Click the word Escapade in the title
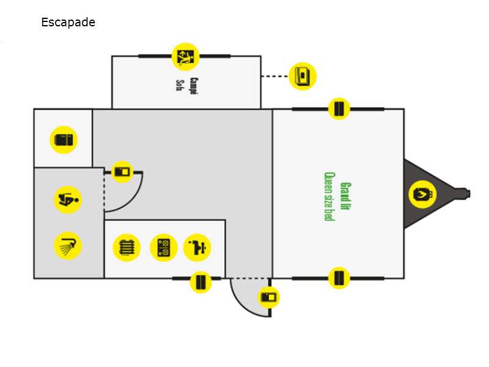[68, 23]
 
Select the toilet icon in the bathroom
[68, 199]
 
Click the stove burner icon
[163, 248]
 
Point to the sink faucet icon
[197, 248]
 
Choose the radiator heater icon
[127, 248]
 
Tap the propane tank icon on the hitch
[422, 195]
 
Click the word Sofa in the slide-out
[180, 84]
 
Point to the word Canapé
[194, 84]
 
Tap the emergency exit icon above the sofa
[185, 57]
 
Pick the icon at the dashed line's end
[302, 76]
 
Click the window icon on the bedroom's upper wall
[339, 109]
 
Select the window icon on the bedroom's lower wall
[339, 278]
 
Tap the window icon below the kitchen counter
[200, 282]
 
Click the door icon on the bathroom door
[123, 172]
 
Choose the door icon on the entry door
[269, 297]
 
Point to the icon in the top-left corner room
[64, 140]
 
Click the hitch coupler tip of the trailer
[468, 194]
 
